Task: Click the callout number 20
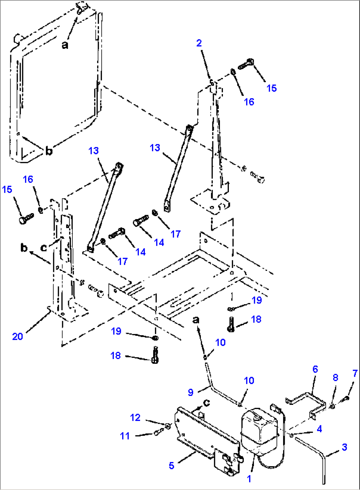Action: (18, 336)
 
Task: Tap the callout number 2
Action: (199, 43)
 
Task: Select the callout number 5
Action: (171, 466)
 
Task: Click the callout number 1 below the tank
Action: (249, 479)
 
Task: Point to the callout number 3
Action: (344, 447)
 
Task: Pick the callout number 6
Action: (315, 369)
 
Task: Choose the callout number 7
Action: (355, 373)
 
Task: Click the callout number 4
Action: (319, 429)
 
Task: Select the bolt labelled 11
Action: (158, 432)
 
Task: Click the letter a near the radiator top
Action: (65, 45)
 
